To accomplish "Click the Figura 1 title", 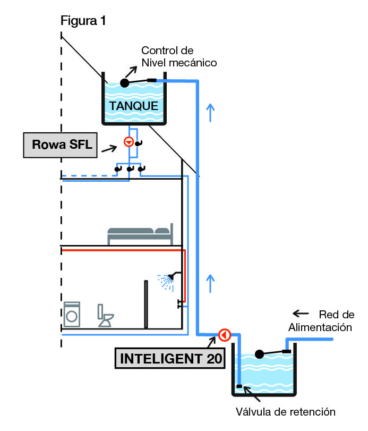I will (83, 21).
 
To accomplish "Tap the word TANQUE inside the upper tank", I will (133, 106).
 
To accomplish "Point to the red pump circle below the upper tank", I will (128, 142).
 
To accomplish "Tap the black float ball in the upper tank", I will (125, 83).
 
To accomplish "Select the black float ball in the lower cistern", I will (260, 354).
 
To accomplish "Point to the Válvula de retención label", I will (286, 411).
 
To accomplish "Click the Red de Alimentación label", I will (320, 320).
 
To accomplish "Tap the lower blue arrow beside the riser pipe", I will (211, 283).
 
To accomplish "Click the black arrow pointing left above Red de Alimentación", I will (301, 312).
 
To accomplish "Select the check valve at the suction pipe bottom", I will (239, 386).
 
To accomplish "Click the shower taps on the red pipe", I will (182, 305).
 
